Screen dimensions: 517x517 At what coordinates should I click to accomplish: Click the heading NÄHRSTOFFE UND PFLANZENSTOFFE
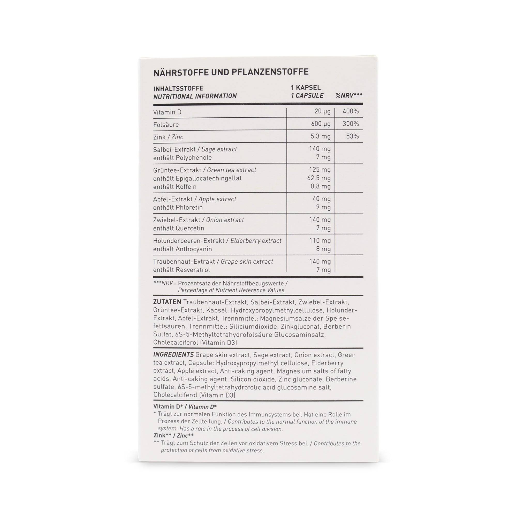231,72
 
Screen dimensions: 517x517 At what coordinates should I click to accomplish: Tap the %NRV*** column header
349,96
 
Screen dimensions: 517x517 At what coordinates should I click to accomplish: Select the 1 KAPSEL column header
306,88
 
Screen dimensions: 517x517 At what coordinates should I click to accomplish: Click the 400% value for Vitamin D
351,111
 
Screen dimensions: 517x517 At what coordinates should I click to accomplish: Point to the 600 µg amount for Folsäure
321,124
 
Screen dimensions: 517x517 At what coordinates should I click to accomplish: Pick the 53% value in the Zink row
352,136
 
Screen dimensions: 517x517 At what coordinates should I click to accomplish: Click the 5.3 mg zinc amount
320,136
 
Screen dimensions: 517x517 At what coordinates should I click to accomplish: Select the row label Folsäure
166,125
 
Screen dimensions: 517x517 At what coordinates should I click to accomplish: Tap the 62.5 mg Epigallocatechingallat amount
319,178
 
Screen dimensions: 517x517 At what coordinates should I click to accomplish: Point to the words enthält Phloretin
178,207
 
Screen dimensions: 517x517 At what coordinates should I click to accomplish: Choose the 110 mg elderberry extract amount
320,241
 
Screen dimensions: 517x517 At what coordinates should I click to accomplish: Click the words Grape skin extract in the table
247,261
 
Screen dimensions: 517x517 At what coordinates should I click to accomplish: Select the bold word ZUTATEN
167,302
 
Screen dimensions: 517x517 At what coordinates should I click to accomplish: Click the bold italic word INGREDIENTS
173,355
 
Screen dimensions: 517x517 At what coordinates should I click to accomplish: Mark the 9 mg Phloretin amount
323,207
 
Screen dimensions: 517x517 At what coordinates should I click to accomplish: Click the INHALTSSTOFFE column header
178,88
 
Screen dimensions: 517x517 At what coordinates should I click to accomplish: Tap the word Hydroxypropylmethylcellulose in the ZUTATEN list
277,310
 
